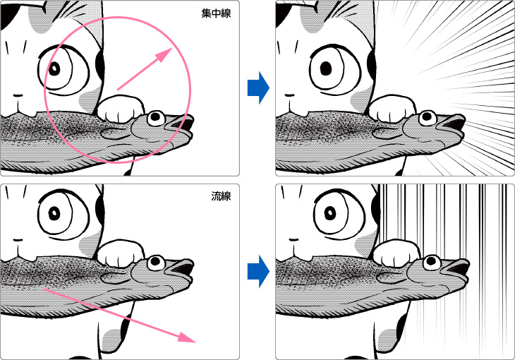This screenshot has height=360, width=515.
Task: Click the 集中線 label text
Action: (216, 13)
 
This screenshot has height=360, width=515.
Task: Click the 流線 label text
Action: (221, 196)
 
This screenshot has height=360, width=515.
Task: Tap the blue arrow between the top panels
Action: (258, 88)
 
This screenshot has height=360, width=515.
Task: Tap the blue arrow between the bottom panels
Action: (258, 272)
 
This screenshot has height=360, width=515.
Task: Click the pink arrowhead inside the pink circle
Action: (164, 55)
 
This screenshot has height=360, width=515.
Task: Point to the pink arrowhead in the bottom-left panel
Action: (187, 336)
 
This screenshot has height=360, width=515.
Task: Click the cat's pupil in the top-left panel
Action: (54, 69)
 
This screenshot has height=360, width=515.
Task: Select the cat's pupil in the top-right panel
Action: (326, 68)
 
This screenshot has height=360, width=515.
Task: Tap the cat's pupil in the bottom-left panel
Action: (54, 214)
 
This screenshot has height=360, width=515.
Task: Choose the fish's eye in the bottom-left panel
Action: (156, 263)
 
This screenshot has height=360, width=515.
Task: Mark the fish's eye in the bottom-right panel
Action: (432, 263)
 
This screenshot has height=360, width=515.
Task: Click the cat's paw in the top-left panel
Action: (121, 108)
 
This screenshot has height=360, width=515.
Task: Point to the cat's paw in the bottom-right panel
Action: (396, 253)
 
